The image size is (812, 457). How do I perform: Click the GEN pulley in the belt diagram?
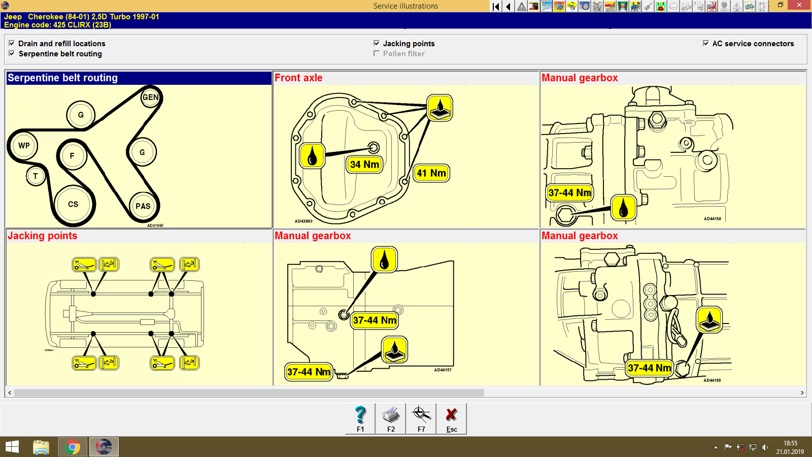pos(150,97)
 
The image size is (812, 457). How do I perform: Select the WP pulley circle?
pos(24,146)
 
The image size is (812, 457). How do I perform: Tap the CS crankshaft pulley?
pos(73,204)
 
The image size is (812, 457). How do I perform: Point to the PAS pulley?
pos(143,206)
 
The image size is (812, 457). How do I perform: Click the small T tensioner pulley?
pos(36,176)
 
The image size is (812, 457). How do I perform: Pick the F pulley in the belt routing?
pos(72,156)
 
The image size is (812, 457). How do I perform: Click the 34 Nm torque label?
pos(364,165)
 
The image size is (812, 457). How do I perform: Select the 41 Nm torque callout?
pos(431,173)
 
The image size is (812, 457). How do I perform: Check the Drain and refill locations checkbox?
pos(12,43)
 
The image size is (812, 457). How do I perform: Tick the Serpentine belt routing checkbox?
pos(12,53)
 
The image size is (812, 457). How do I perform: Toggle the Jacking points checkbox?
pos(377,43)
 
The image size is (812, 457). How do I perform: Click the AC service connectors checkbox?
pos(706,43)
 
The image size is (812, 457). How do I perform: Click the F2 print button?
pos(391,418)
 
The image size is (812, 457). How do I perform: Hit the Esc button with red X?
pos(451,418)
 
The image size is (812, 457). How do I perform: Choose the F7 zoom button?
pos(421,418)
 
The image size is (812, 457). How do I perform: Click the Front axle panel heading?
pos(298,78)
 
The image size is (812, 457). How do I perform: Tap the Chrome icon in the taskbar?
pos(73,447)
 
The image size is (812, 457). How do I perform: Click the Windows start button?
pos(12,447)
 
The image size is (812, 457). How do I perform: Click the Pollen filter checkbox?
pos(377,53)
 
